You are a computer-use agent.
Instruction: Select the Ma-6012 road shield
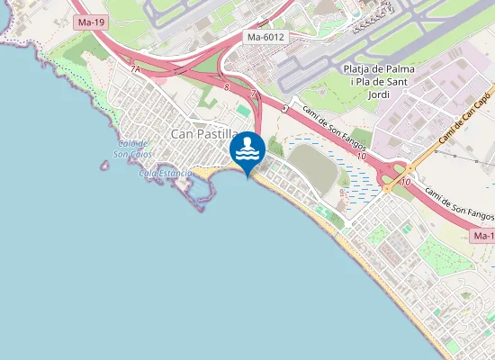(265, 38)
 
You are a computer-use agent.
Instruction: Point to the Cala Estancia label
(165, 173)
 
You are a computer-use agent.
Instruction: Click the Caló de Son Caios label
(131, 149)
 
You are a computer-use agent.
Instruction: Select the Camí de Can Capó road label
(464, 118)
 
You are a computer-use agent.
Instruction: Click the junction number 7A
(135, 68)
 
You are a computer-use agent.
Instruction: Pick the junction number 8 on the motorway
(227, 87)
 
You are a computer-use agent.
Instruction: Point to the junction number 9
(284, 107)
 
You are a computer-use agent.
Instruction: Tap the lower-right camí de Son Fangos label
(459, 204)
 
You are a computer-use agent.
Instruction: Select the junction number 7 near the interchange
(253, 94)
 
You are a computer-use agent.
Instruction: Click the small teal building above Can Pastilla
(242, 110)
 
